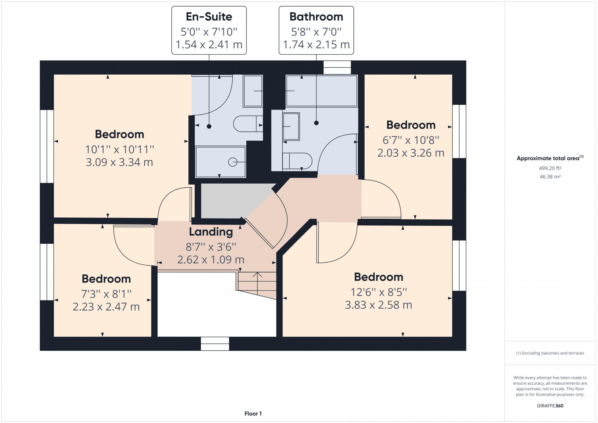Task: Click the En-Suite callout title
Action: (x=209, y=17)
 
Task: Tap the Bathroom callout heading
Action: (x=316, y=17)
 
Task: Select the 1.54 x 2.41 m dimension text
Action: (x=209, y=45)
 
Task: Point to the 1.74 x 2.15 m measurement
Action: (x=316, y=45)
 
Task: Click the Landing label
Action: (x=211, y=232)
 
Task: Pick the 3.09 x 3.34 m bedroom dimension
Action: (x=119, y=162)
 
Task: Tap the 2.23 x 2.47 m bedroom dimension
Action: (x=106, y=307)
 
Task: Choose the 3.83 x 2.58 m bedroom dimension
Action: (x=378, y=305)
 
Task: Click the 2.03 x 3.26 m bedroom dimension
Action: (x=411, y=153)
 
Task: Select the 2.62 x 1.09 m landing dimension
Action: (x=211, y=260)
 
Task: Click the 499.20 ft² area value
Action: (x=550, y=168)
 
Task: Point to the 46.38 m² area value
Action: (x=550, y=177)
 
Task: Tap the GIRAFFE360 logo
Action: (x=550, y=405)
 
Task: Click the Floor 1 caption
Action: (x=253, y=414)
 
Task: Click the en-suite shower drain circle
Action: (x=233, y=162)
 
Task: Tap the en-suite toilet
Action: (x=248, y=124)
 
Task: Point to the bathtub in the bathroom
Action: (x=321, y=91)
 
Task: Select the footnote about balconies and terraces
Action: (x=550, y=353)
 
